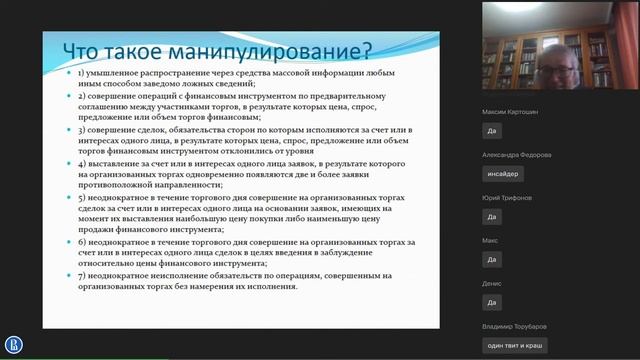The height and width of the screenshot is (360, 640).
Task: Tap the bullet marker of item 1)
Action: [67, 75]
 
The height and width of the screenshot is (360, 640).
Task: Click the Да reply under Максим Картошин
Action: [492, 130]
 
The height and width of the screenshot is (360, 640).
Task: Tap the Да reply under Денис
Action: [492, 302]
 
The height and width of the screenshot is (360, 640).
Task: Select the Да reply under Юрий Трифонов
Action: [492, 216]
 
